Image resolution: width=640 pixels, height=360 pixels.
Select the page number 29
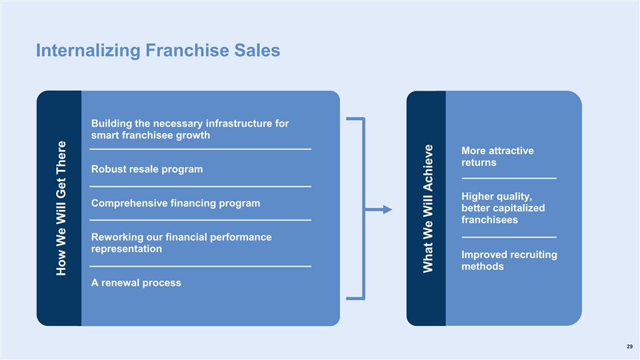click(x=629, y=346)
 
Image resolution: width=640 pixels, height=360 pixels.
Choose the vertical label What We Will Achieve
click(x=429, y=207)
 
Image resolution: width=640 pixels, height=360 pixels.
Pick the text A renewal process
click(x=135, y=283)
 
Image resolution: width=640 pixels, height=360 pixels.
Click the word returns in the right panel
click(x=479, y=163)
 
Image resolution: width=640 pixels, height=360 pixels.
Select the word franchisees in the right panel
click(x=489, y=220)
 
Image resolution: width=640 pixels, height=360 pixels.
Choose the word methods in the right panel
click(x=482, y=267)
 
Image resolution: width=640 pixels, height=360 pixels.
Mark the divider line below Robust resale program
click(x=200, y=186)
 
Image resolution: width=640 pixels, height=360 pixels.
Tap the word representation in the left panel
click(x=126, y=249)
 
